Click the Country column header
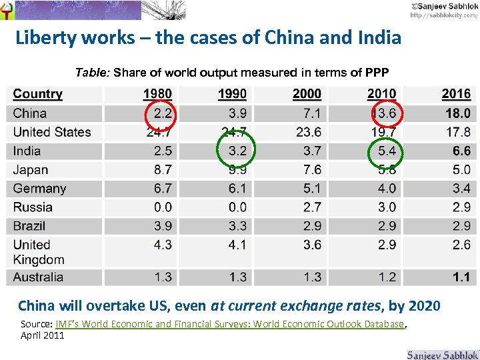coord(37,94)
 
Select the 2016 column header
coord(456,94)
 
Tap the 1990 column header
coord(232,94)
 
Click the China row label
coord(30,113)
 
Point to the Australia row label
coord(38,277)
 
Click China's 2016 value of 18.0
coord(457,113)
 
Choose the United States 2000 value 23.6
coord(308,132)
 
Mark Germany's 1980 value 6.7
coord(162,189)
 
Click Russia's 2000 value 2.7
coord(311,207)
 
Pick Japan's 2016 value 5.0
coord(461,170)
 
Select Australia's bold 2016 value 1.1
coord(461,277)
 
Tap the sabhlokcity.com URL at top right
coord(443,15)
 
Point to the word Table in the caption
coord(91,72)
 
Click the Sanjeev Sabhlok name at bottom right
coord(441,353)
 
